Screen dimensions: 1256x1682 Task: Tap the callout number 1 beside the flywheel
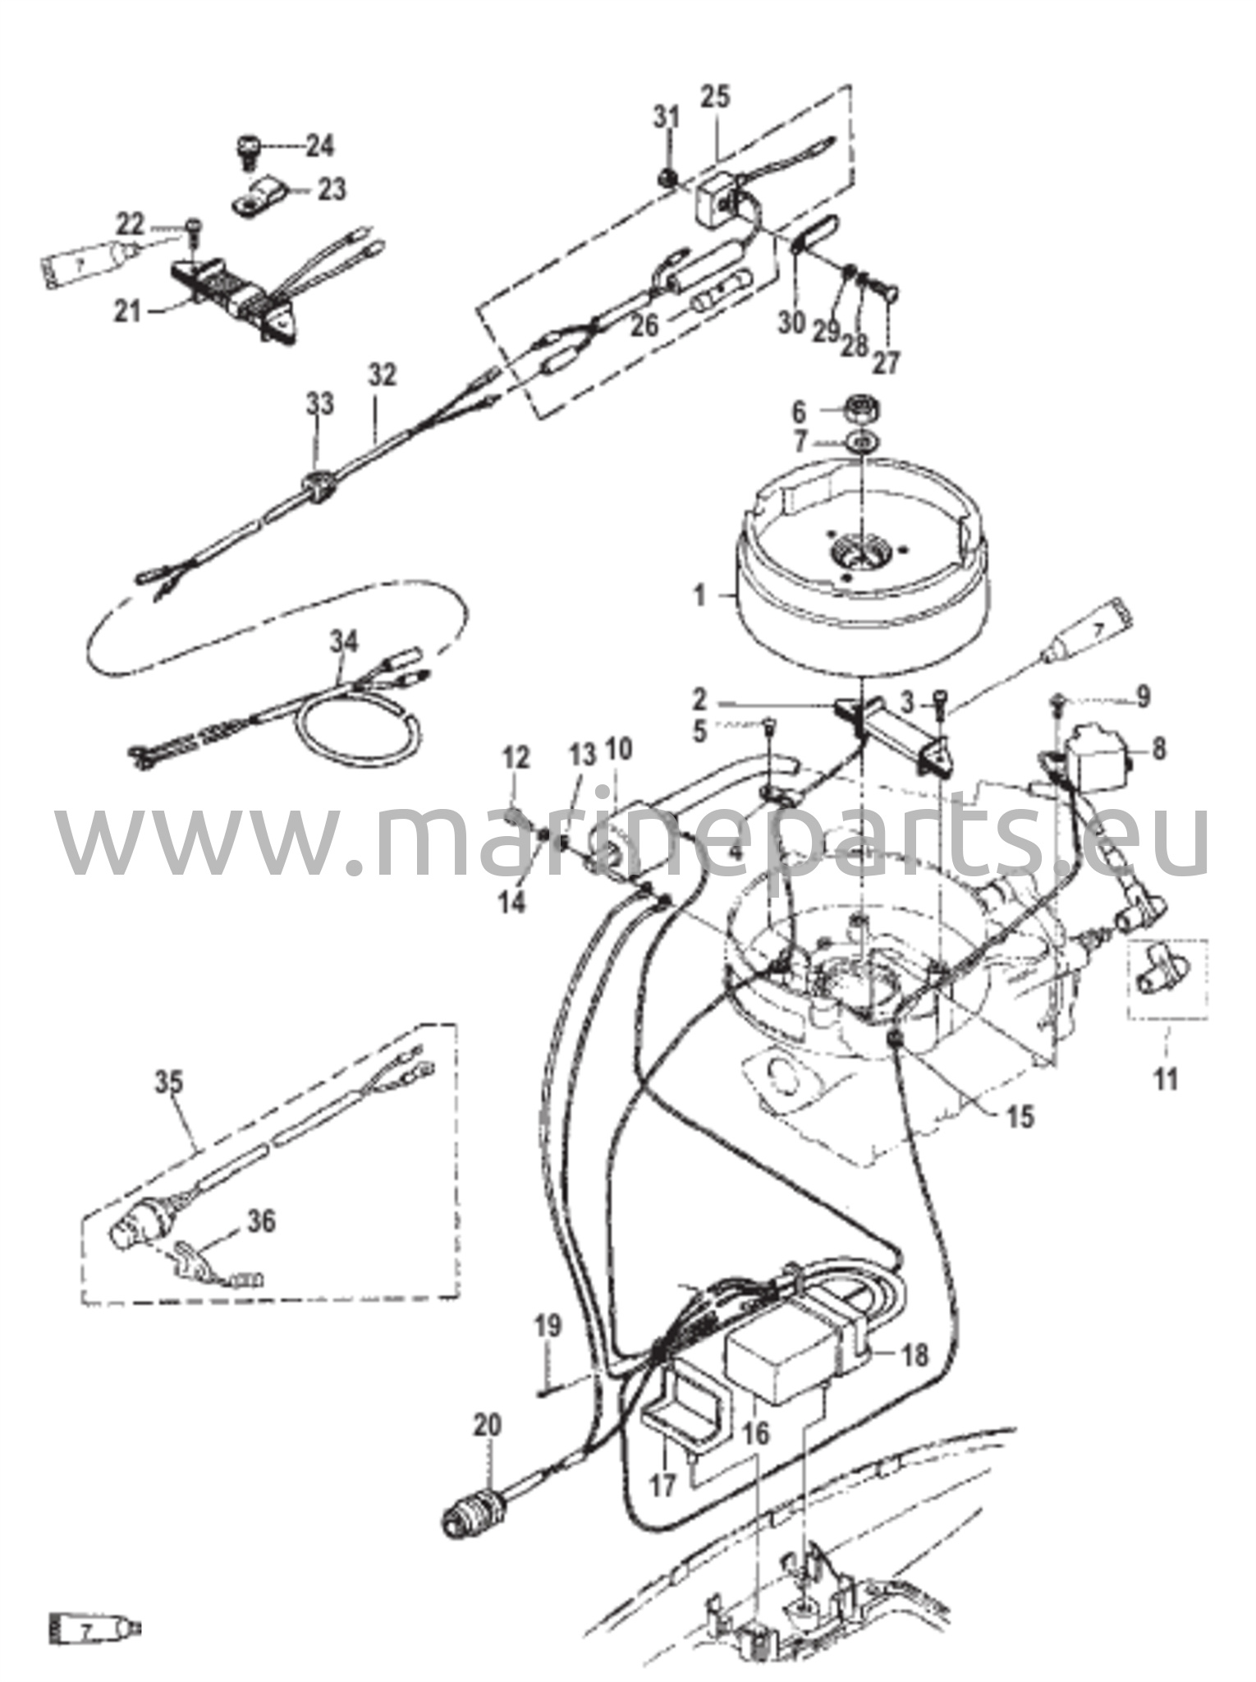(699, 595)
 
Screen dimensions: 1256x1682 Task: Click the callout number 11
(1166, 1078)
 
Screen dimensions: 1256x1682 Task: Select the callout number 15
(1022, 1116)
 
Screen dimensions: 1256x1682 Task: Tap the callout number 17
(663, 1484)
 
